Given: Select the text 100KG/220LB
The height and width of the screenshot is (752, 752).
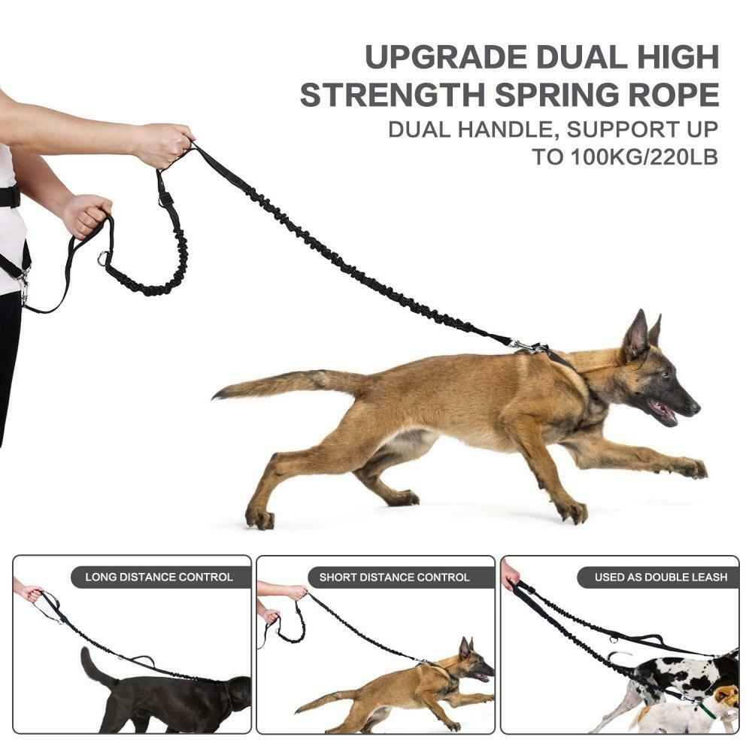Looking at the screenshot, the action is pyautogui.click(x=644, y=157).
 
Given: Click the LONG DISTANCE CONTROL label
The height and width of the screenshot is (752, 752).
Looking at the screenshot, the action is pyautogui.click(x=159, y=577).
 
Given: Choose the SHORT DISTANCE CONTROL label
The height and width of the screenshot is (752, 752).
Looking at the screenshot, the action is pyautogui.click(x=394, y=577).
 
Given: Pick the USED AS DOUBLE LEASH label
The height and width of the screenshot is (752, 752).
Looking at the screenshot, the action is pyautogui.click(x=661, y=577).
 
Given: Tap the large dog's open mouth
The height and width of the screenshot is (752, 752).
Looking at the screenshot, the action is pyautogui.click(x=664, y=412).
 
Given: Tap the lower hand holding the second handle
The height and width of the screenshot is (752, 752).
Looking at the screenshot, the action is pyautogui.click(x=86, y=216).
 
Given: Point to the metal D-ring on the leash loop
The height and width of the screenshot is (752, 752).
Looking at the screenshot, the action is pyautogui.click(x=102, y=258).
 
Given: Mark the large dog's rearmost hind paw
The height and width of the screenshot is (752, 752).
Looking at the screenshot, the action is pyautogui.click(x=259, y=518).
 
